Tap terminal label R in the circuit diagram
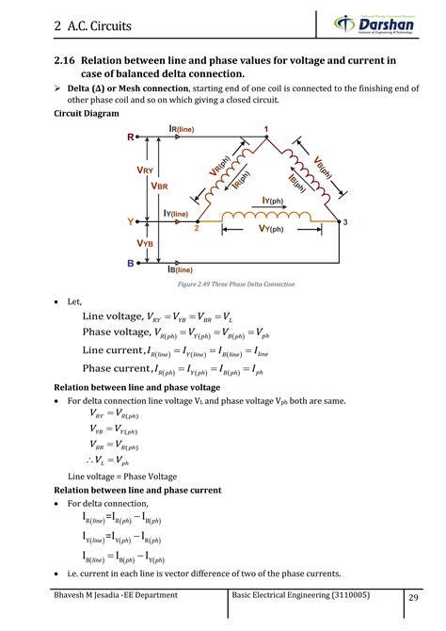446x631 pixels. click(x=130, y=138)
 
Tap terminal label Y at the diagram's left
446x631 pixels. click(x=130, y=222)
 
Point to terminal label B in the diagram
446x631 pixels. click(x=130, y=265)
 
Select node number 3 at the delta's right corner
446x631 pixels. click(x=345, y=222)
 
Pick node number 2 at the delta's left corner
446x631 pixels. click(x=196, y=229)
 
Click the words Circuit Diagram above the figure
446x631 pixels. click(x=87, y=113)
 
